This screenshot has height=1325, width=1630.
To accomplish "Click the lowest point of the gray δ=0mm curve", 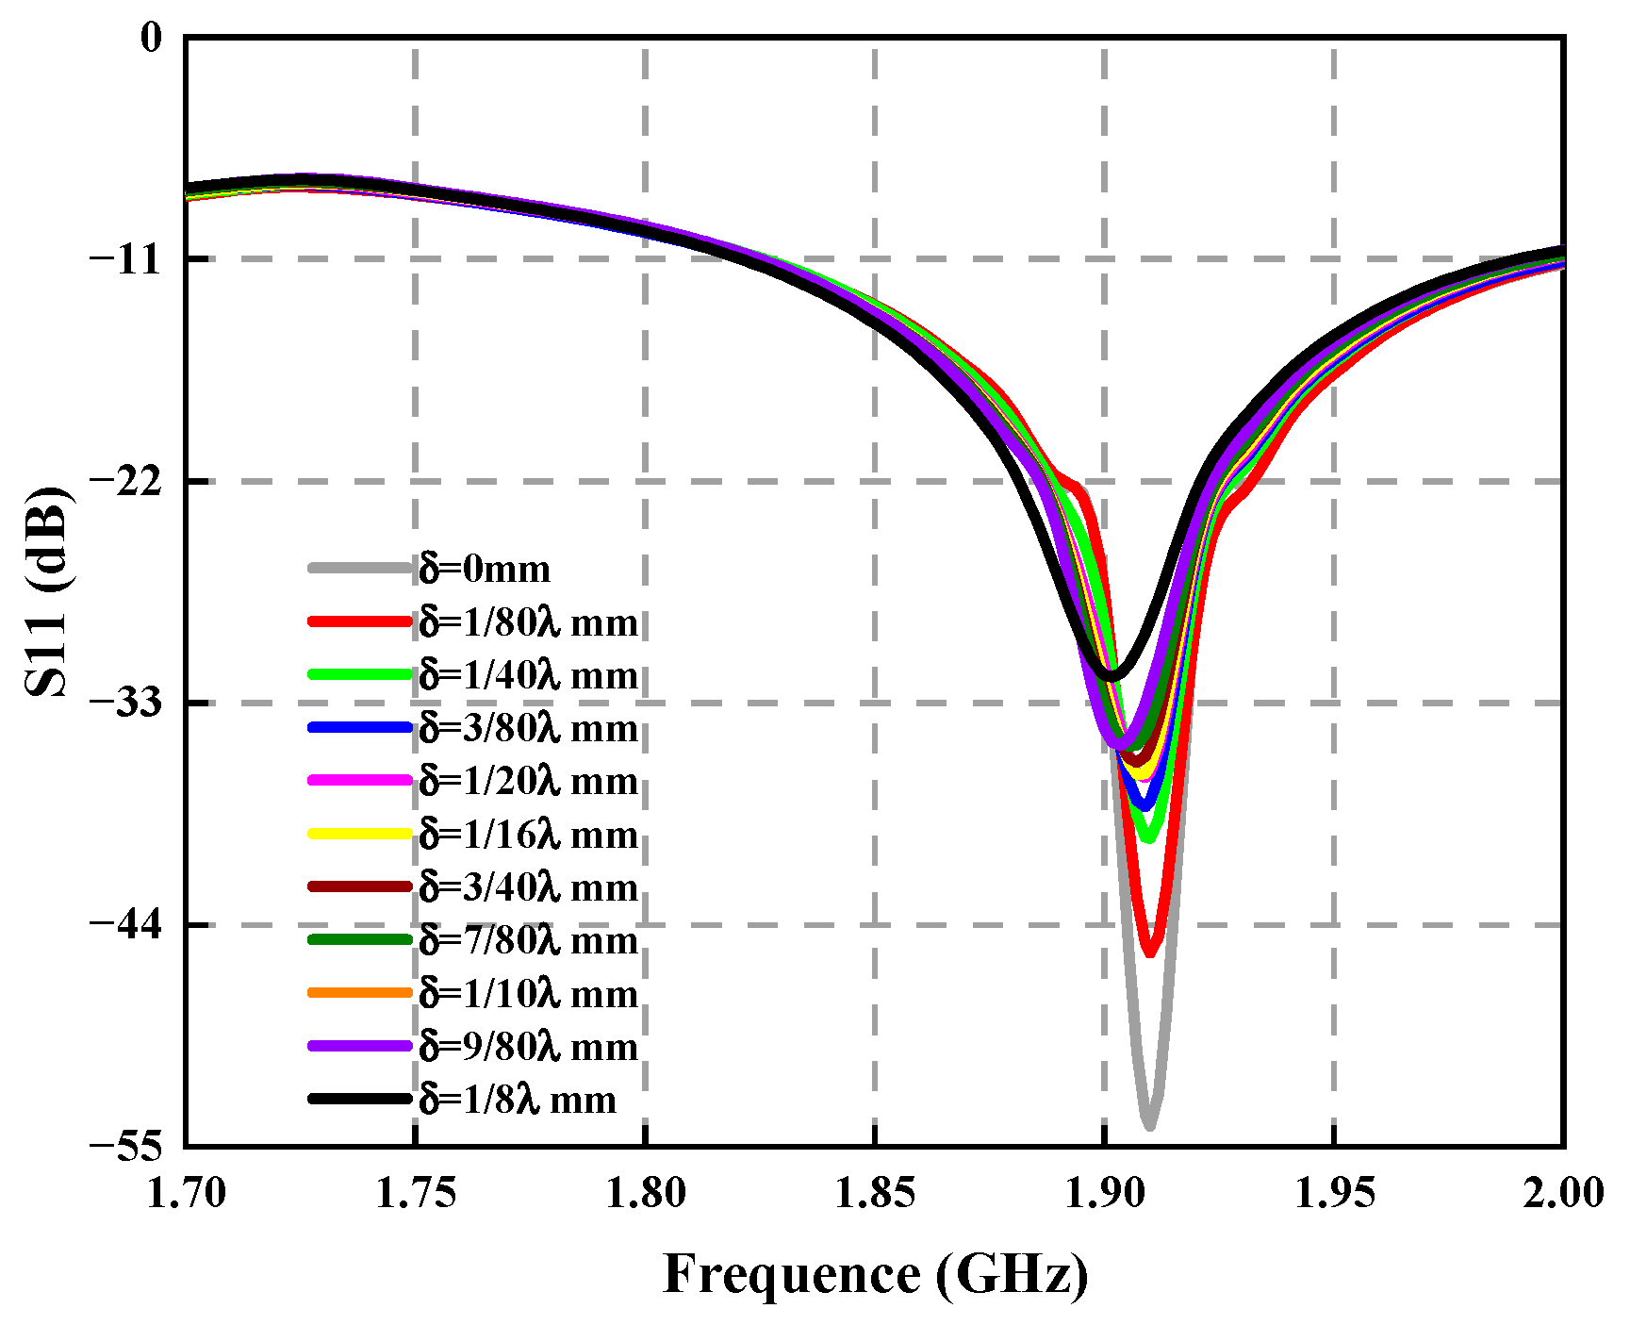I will (1149, 1124).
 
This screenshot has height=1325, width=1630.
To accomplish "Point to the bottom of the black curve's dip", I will (1112, 675).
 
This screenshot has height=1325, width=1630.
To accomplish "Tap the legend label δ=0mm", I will (486, 569).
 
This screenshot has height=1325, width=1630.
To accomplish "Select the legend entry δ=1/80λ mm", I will (529, 622).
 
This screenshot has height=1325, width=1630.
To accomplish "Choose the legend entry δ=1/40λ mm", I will (529, 675).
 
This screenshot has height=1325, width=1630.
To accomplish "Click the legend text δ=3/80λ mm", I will (529, 728).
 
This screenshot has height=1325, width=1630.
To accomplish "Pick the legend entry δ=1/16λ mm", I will (529, 835).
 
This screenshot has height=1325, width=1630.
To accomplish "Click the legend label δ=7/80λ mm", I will (529, 940).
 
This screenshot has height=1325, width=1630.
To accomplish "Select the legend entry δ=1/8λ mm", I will (518, 1100).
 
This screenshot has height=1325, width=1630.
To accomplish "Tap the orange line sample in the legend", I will (360, 993).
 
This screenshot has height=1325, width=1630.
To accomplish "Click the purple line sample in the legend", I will (360, 1046).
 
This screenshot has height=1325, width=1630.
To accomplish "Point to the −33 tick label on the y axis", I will (125, 703).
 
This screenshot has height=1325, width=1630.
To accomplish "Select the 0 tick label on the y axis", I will (151, 38).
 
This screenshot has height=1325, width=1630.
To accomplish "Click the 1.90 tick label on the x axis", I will (1104, 1193).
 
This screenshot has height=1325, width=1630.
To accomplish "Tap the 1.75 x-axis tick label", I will (415, 1193).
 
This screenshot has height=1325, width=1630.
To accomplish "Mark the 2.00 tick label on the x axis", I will (1562, 1193).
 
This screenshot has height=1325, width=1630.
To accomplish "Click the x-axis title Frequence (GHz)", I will (875, 1275).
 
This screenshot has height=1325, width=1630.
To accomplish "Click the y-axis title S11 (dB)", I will (47, 591).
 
